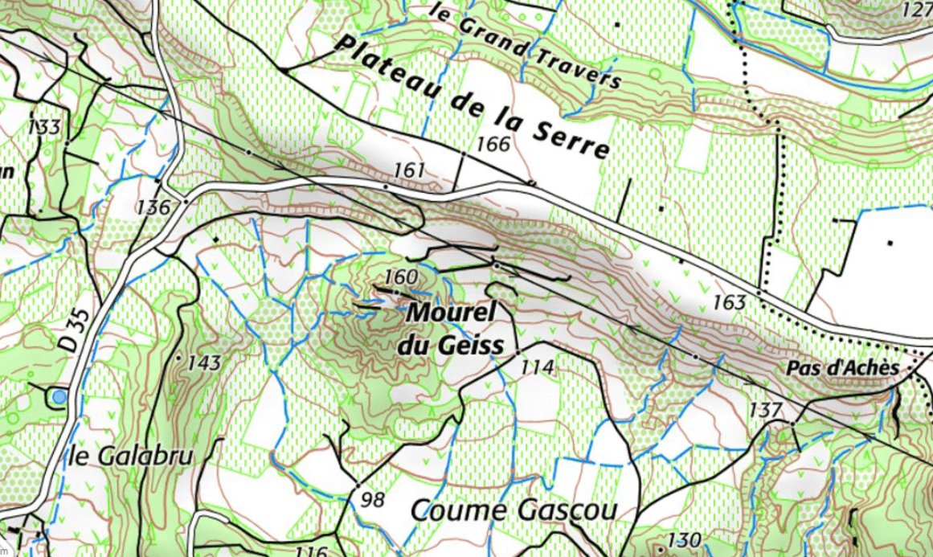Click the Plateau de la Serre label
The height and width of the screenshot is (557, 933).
[473, 97]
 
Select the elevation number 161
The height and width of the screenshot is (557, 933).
[409, 170]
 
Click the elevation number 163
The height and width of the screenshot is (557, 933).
[729, 303]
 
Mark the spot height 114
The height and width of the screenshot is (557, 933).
[538, 368]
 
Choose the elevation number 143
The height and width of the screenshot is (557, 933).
[203, 363]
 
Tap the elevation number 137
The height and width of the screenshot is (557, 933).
[765, 410]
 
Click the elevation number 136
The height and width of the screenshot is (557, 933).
[153, 207]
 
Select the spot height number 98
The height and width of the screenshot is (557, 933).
[372, 500]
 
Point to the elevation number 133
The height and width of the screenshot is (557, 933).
[43, 127]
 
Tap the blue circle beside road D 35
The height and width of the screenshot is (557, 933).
[58, 396]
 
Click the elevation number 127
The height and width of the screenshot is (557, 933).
[917, 10]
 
